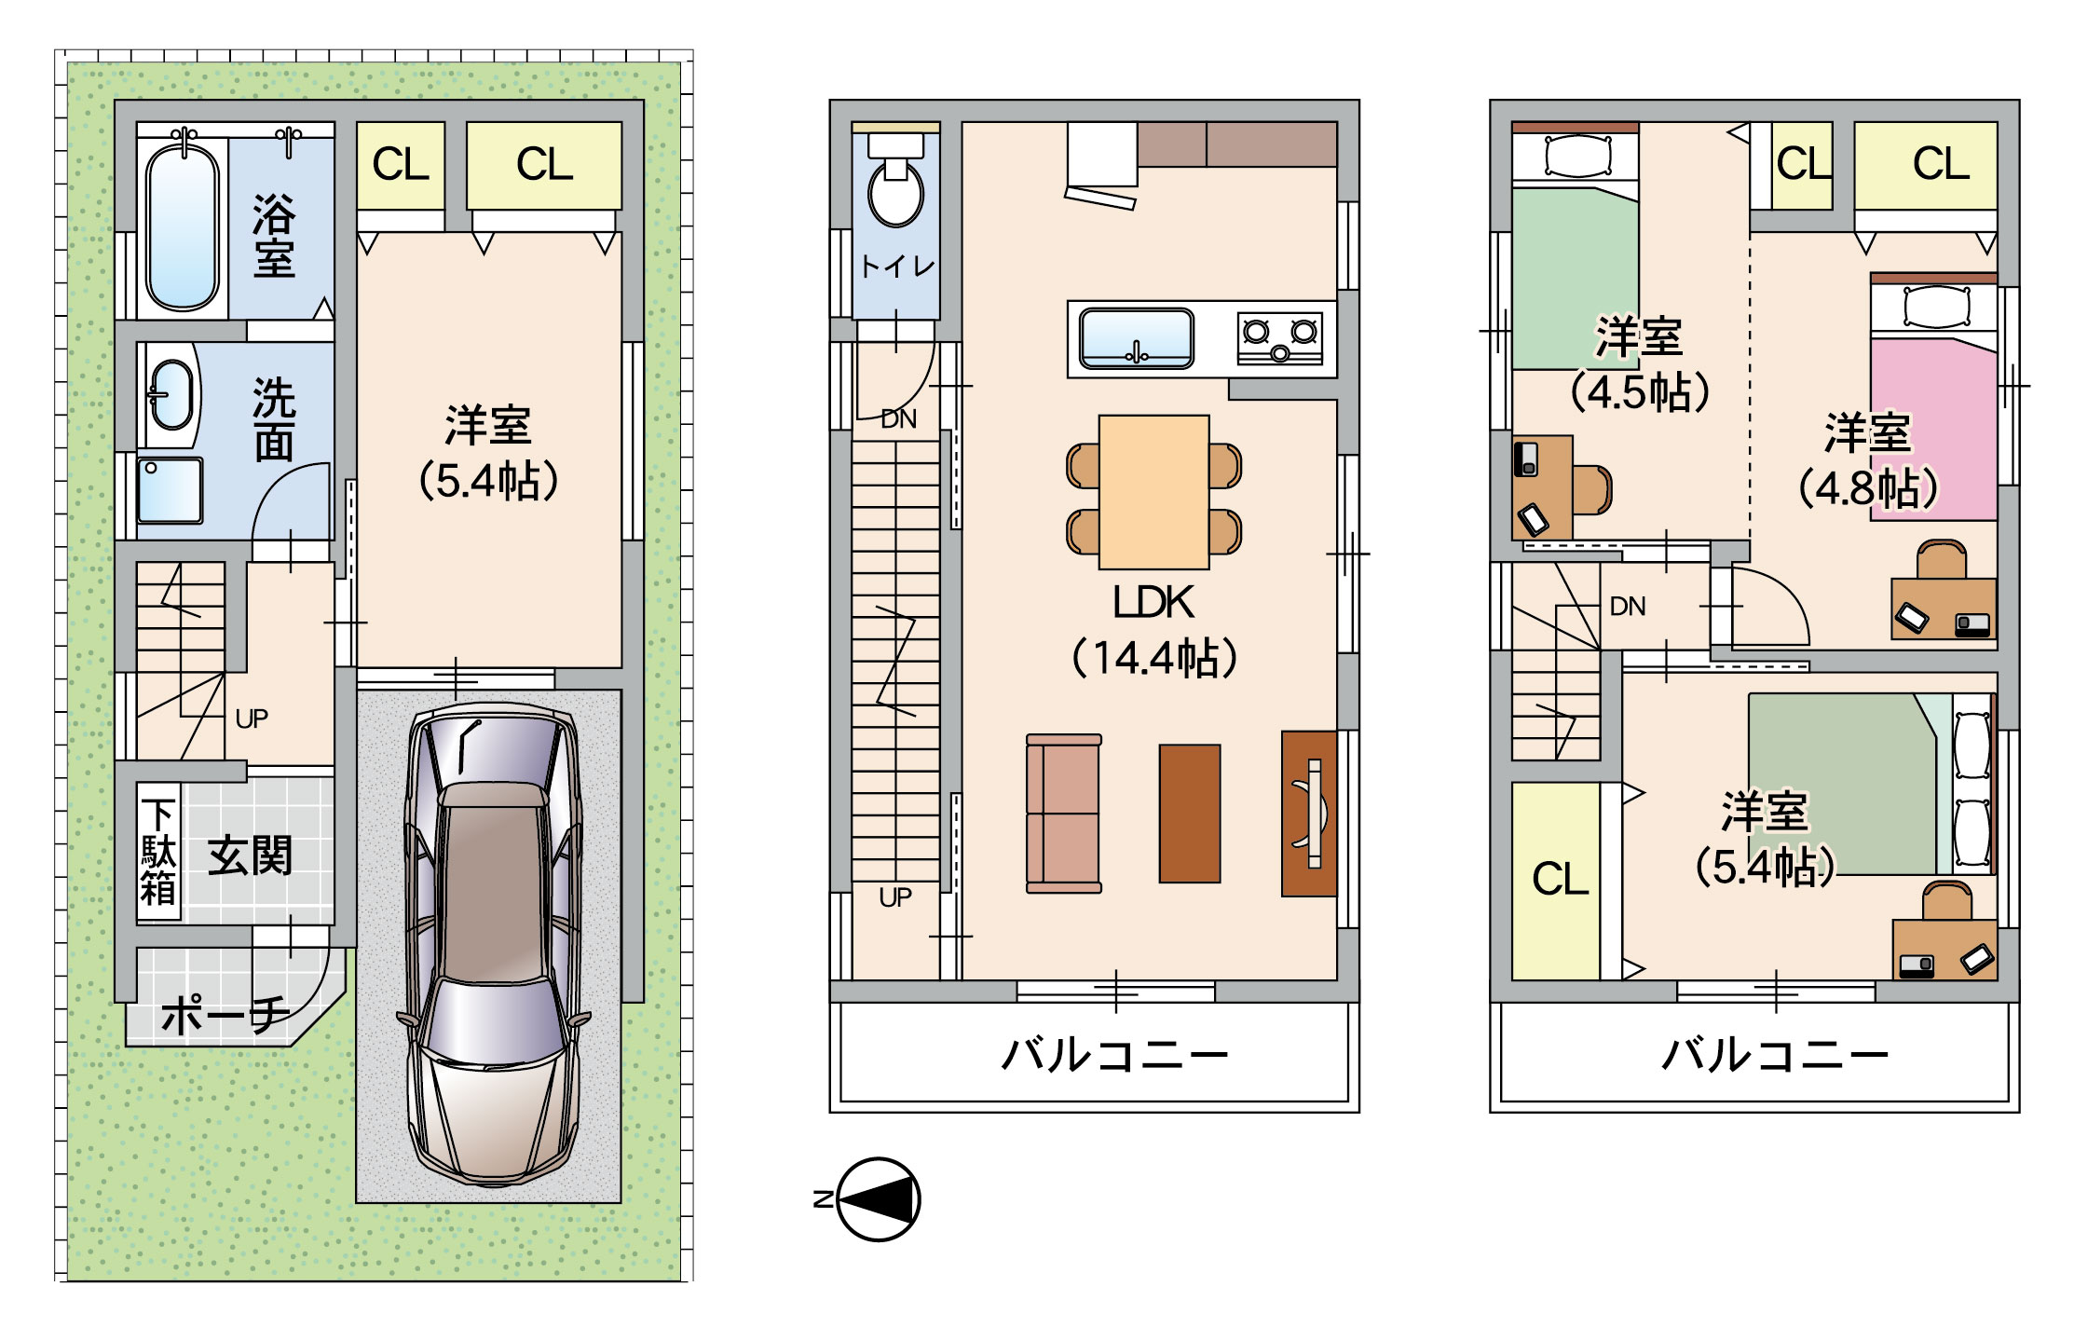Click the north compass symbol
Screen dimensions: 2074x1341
[x=878, y=1199]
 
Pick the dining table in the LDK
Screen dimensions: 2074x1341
[x=1153, y=492]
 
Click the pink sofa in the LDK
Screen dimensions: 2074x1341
[x=1063, y=814]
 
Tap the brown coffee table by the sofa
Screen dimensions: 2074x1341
[x=1189, y=814]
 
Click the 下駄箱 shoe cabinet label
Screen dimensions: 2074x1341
[x=157, y=852]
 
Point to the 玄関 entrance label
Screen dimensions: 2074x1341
[x=249, y=855]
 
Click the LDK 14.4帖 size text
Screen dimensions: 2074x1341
[x=1153, y=658]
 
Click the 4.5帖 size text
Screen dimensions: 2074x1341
[x=1640, y=391]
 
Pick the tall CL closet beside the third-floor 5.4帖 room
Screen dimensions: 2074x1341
[x=1556, y=881]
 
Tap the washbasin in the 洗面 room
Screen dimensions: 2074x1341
[x=171, y=395]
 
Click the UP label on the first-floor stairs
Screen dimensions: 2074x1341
[x=252, y=718]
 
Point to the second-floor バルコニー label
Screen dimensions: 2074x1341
[x=1114, y=1056]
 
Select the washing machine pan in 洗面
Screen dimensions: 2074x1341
[x=170, y=490]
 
